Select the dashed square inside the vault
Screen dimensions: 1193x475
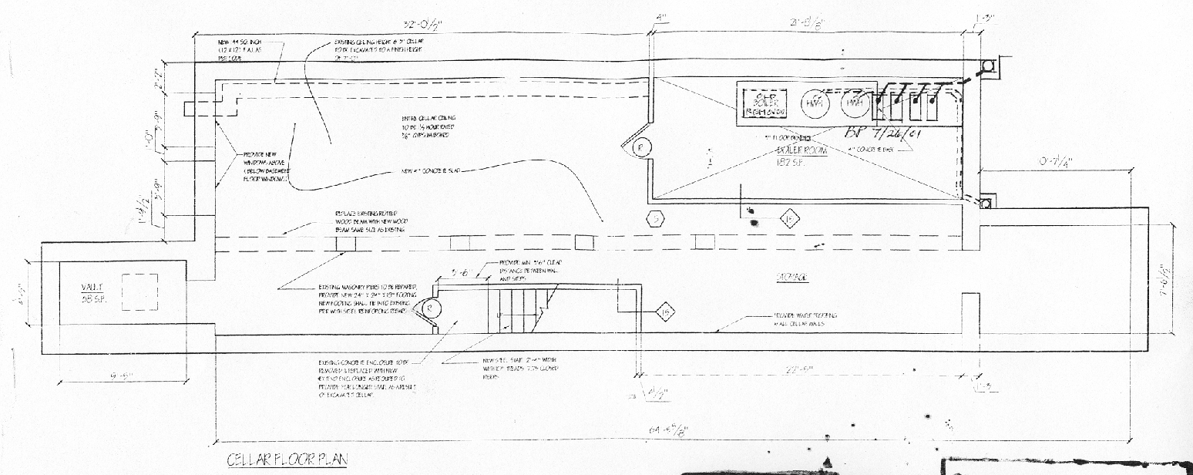point(139,291)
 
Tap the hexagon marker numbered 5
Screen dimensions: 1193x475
point(655,219)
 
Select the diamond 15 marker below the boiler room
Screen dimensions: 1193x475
point(790,219)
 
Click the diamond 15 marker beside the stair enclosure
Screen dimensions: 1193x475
point(664,312)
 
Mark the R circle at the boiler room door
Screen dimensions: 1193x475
point(638,147)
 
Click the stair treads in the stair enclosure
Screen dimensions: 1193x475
point(516,310)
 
